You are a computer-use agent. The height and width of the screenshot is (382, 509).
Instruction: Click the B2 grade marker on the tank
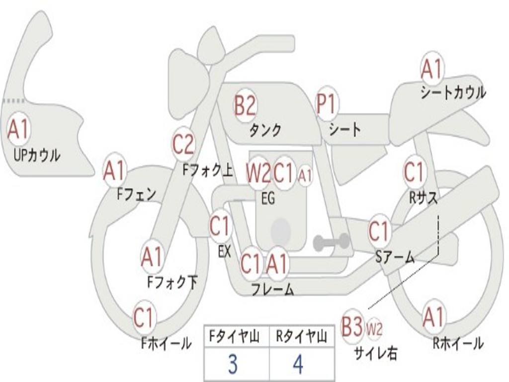245,105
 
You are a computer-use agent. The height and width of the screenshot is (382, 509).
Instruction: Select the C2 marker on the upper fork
183,144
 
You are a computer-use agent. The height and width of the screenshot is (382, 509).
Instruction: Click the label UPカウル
37,155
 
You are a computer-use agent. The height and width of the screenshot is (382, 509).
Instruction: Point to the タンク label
265,130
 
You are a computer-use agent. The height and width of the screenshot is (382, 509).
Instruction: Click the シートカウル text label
453,92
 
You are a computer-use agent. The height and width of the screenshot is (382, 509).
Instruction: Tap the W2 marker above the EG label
258,173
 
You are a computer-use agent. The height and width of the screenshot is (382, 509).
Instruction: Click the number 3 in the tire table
233,364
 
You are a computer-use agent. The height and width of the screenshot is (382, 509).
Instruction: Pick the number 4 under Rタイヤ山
298,364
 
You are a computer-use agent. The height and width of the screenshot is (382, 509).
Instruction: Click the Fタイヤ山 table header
234,336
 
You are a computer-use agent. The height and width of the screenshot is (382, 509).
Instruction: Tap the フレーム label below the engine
273,289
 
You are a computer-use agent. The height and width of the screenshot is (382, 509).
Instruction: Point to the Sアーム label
395,257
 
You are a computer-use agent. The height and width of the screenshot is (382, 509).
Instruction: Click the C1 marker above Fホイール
144,317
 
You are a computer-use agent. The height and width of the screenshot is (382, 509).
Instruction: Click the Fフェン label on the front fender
136,194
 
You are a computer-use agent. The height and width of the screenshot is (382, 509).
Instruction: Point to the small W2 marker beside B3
374,329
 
